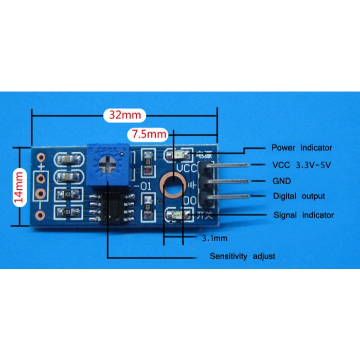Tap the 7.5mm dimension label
pos(150,135)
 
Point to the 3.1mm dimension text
pos(212,238)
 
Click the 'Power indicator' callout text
pos(301,148)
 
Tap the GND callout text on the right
pos(281,181)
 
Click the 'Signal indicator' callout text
pos(303,214)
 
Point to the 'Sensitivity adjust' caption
pos(242,256)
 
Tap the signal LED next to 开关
pos(173,213)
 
